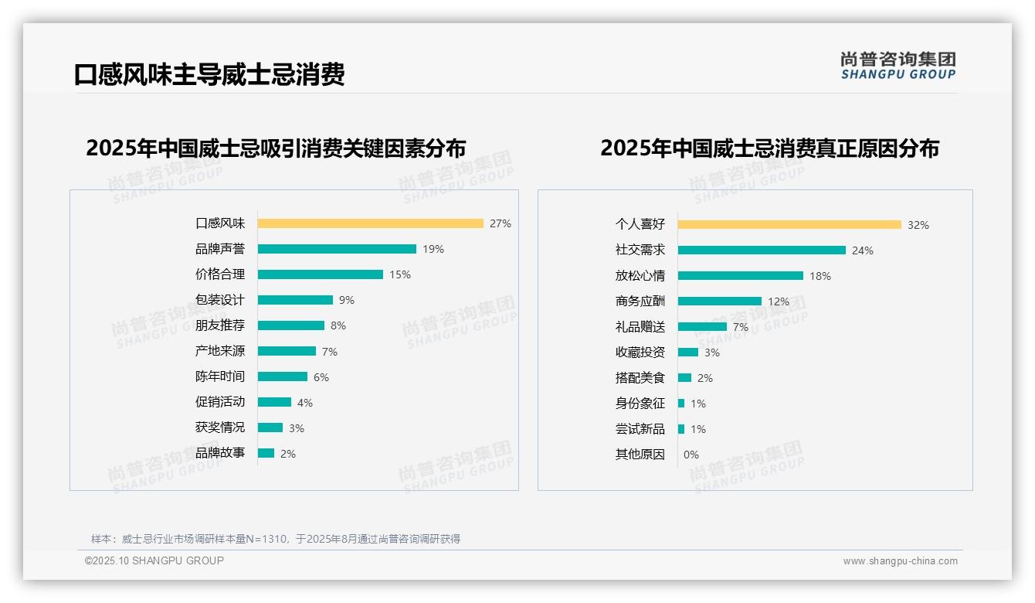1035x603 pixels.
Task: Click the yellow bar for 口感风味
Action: pos(370,223)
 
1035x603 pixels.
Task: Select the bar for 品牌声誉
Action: pos(337,249)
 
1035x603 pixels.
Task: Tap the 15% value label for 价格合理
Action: pos(400,274)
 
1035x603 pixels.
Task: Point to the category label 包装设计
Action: pos(220,300)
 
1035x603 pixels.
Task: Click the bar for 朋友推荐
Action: pos(291,325)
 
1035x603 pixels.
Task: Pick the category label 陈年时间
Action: pos(220,376)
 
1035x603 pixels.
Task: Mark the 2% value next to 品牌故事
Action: pos(288,454)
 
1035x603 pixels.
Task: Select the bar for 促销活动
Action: pos(274,402)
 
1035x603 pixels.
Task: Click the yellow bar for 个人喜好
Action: pos(789,225)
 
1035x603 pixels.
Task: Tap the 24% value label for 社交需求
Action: pos(863,250)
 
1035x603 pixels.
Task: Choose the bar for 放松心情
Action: pos(741,276)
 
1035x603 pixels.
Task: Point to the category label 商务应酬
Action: pos(640,301)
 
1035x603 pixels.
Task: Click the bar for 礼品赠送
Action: pos(702,327)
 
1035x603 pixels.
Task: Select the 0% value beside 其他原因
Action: pos(691,455)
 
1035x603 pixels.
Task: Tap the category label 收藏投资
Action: pos(640,353)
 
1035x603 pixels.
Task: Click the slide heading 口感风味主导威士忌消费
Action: pos(209,74)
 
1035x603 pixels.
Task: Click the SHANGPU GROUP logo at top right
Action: pos(898,66)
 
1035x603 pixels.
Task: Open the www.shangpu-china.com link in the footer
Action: pos(900,561)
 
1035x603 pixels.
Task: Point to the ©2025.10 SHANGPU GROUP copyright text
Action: pos(154,560)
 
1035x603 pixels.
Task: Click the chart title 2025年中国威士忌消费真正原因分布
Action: pos(769,148)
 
